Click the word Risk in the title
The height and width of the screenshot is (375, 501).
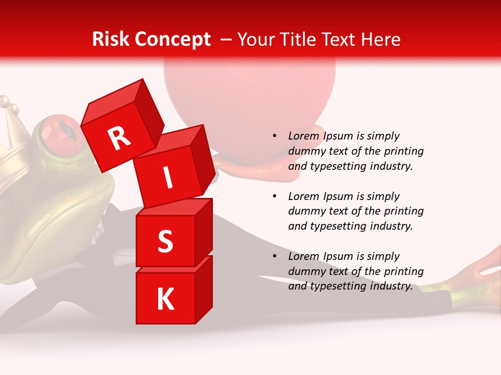[111, 39]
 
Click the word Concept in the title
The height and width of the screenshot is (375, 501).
[173, 40]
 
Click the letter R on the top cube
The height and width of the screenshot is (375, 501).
[119, 138]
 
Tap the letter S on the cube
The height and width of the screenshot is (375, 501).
[165, 241]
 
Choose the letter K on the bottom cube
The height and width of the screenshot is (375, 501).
[165, 299]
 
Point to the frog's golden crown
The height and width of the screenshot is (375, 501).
[11, 130]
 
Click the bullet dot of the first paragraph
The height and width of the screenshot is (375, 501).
[275, 136]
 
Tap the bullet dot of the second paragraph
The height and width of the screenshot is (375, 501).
[275, 196]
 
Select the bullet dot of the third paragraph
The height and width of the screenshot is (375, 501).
[275, 256]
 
